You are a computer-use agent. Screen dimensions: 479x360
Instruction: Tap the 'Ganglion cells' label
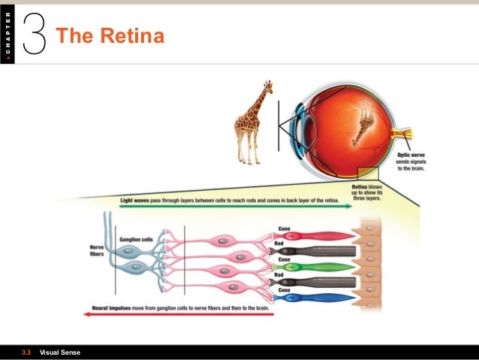(x=137, y=239)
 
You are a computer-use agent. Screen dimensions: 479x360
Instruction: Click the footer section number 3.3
(x=26, y=352)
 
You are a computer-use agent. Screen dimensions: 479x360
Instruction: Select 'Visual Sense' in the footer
(x=59, y=352)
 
